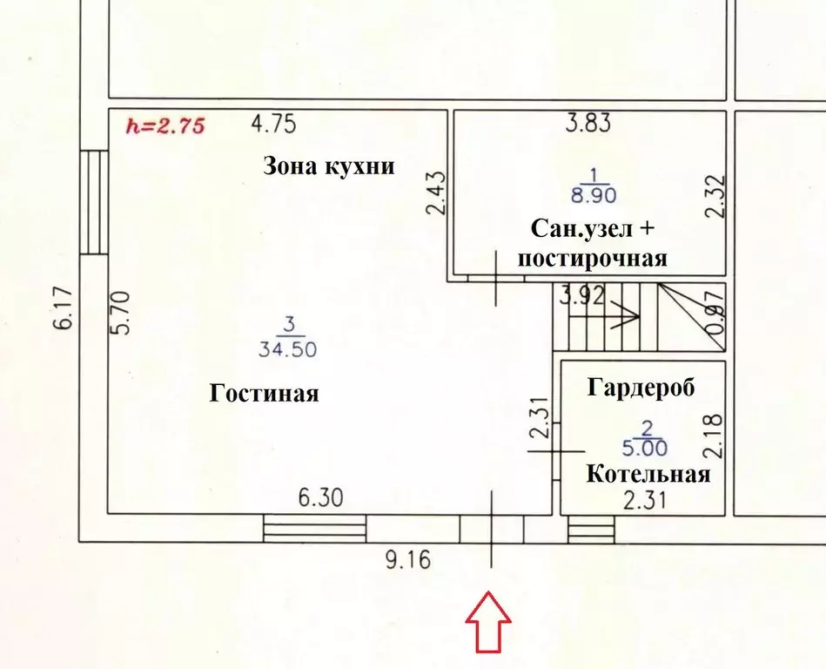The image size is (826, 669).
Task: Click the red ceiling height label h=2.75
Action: coord(165,126)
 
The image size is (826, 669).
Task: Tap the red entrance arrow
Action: coord(488,622)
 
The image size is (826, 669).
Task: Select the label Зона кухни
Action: coord(329,166)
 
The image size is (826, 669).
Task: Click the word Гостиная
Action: coord(264,393)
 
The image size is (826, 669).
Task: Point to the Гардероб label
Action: coord(641,388)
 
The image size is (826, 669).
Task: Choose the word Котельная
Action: coord(648,474)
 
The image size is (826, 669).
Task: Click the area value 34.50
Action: coord(287,349)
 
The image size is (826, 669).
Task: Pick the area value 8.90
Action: coord(594,196)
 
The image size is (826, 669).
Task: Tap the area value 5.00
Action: coord(645,448)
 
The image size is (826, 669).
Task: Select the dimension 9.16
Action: coord(408,560)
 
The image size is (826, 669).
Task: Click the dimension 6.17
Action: coord(63,307)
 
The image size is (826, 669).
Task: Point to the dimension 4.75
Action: coord(273,125)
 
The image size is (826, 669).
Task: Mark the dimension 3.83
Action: coord(588,123)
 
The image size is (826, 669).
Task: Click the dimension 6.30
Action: coord(321,497)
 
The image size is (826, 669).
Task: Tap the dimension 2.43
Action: coord(436,193)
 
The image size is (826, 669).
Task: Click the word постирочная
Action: coord(593,259)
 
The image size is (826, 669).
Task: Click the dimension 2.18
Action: coord(713,436)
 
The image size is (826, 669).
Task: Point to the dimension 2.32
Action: coord(716,196)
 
